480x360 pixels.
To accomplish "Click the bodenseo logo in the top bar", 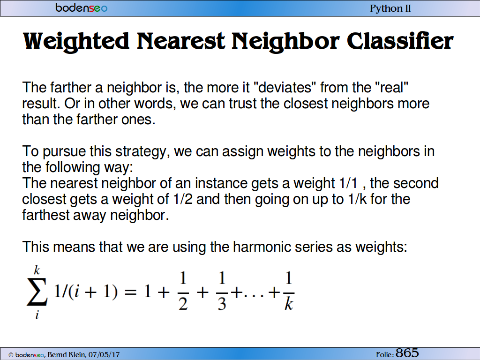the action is pos(82,7).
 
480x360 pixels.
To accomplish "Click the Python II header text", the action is pos(390,8).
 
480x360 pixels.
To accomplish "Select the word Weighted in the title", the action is pos(76,41).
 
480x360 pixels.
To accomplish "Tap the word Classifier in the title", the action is pos(400,41).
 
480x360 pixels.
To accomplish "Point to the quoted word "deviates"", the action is pos(285,88).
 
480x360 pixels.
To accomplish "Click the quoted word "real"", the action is pos(391,88).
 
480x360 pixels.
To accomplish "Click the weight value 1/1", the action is pos(348,183).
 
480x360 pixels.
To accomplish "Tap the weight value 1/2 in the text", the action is pos(183,199).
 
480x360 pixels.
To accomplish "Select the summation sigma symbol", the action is pos(37,292).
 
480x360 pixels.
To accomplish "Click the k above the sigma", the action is pos(37,270).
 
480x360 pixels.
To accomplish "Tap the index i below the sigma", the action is pos(37,315).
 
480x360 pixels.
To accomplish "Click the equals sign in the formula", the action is pos(130,292).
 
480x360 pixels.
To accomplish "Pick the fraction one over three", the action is pos(222,291).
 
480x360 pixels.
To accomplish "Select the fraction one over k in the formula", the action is pos(289,291).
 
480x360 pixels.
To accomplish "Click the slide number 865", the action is pos(407,353).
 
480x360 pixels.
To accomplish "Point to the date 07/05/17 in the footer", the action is pos(104,355).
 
